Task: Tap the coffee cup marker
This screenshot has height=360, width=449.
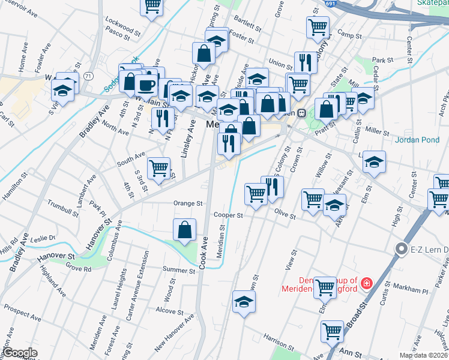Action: (x=146, y=85)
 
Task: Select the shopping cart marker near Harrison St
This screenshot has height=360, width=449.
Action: (x=331, y=330)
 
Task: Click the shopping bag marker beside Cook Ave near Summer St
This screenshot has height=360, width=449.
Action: (x=185, y=230)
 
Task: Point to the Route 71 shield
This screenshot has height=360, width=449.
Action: (x=89, y=76)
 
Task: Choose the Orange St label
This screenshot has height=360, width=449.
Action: (x=188, y=203)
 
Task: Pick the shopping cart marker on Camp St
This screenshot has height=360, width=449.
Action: (x=317, y=26)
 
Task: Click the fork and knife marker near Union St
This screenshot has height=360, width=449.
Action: (x=306, y=62)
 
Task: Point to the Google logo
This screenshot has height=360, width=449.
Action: (x=20, y=353)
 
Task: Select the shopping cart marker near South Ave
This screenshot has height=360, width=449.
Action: (x=158, y=168)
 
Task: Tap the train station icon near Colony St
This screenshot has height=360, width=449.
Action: (x=303, y=113)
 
